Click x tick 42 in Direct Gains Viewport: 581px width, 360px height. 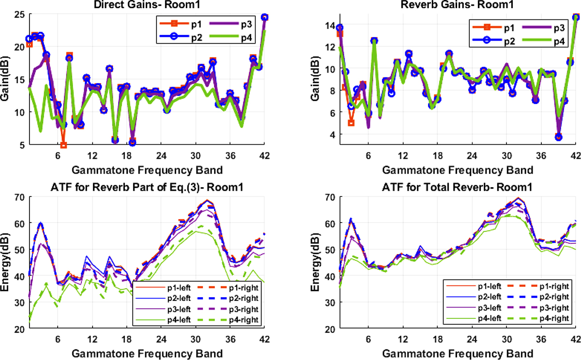(x=264, y=156)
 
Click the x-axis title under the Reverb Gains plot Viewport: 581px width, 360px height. (x=457, y=170)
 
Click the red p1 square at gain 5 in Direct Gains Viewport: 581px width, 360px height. (x=63, y=145)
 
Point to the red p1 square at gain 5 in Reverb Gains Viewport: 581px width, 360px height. (x=351, y=123)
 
